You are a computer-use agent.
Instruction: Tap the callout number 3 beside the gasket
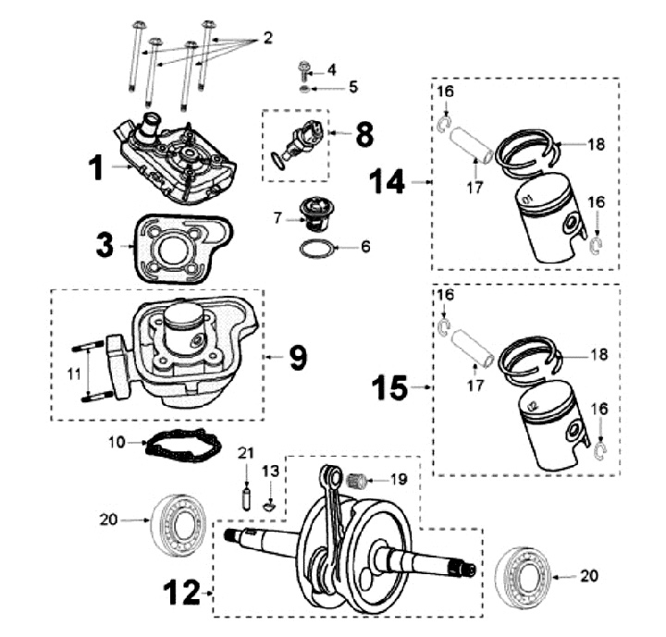[x=105, y=245]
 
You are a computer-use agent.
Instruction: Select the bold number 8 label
[x=364, y=134]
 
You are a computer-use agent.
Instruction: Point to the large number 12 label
[x=182, y=593]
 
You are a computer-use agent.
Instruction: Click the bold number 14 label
[x=387, y=182]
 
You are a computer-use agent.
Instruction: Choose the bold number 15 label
[x=389, y=387]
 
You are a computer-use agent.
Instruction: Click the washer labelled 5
[x=304, y=90]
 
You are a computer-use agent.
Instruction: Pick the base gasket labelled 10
[x=183, y=445]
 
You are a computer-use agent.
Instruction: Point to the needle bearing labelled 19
[x=356, y=481]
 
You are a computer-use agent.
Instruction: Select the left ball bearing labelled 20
[x=178, y=525]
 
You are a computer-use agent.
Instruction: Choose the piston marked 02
[x=553, y=425]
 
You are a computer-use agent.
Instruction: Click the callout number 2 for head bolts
[x=267, y=38]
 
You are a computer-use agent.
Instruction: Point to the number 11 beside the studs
[x=74, y=374]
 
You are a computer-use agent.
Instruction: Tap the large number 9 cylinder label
[x=297, y=358]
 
